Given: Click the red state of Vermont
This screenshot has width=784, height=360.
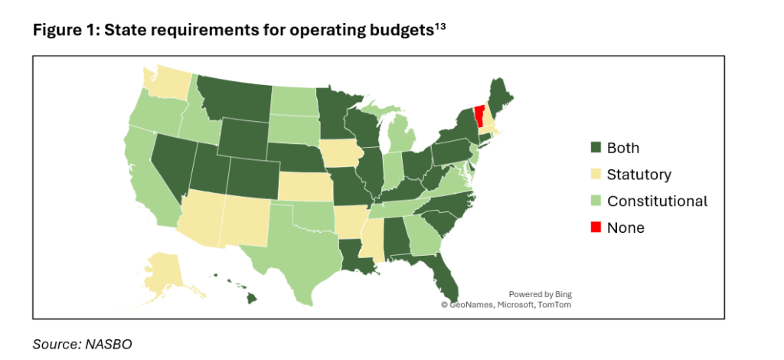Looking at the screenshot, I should (480, 116).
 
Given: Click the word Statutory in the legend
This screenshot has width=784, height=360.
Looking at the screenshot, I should (639, 175).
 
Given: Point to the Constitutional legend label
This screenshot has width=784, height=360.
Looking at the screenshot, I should (657, 201).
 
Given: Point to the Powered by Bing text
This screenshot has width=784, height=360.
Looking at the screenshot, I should (540, 294).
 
